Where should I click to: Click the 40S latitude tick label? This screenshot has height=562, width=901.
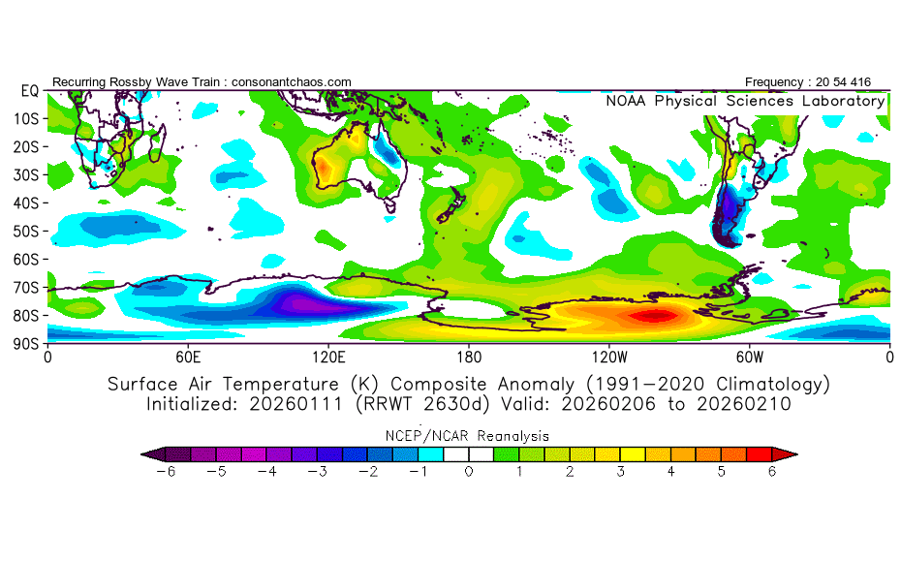click(x=26, y=203)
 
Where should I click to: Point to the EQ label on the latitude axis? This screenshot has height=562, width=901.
click(x=29, y=91)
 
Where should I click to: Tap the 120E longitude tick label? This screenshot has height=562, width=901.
click(x=328, y=358)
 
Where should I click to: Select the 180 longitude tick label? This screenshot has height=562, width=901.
click(x=469, y=358)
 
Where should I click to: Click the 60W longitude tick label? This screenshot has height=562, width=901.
click(x=750, y=358)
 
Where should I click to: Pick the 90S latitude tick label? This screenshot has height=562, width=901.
click(x=26, y=344)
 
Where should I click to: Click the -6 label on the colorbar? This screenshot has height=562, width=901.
click(x=166, y=472)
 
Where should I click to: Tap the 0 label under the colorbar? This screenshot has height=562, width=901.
click(x=469, y=472)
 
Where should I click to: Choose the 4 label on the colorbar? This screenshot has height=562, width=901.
click(x=670, y=472)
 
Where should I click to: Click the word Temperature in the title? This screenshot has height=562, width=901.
click(x=281, y=384)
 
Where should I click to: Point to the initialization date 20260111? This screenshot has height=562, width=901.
click(x=295, y=404)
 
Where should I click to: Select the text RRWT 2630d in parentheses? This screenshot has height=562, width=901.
click(x=422, y=404)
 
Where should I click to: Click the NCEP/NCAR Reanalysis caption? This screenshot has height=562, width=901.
click(x=467, y=436)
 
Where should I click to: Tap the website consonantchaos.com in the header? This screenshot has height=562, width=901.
click(x=292, y=82)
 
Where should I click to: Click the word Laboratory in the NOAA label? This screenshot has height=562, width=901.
click(x=844, y=101)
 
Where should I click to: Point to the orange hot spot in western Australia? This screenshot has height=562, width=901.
click(x=324, y=169)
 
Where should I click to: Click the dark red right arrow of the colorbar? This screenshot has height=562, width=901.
click(x=784, y=454)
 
